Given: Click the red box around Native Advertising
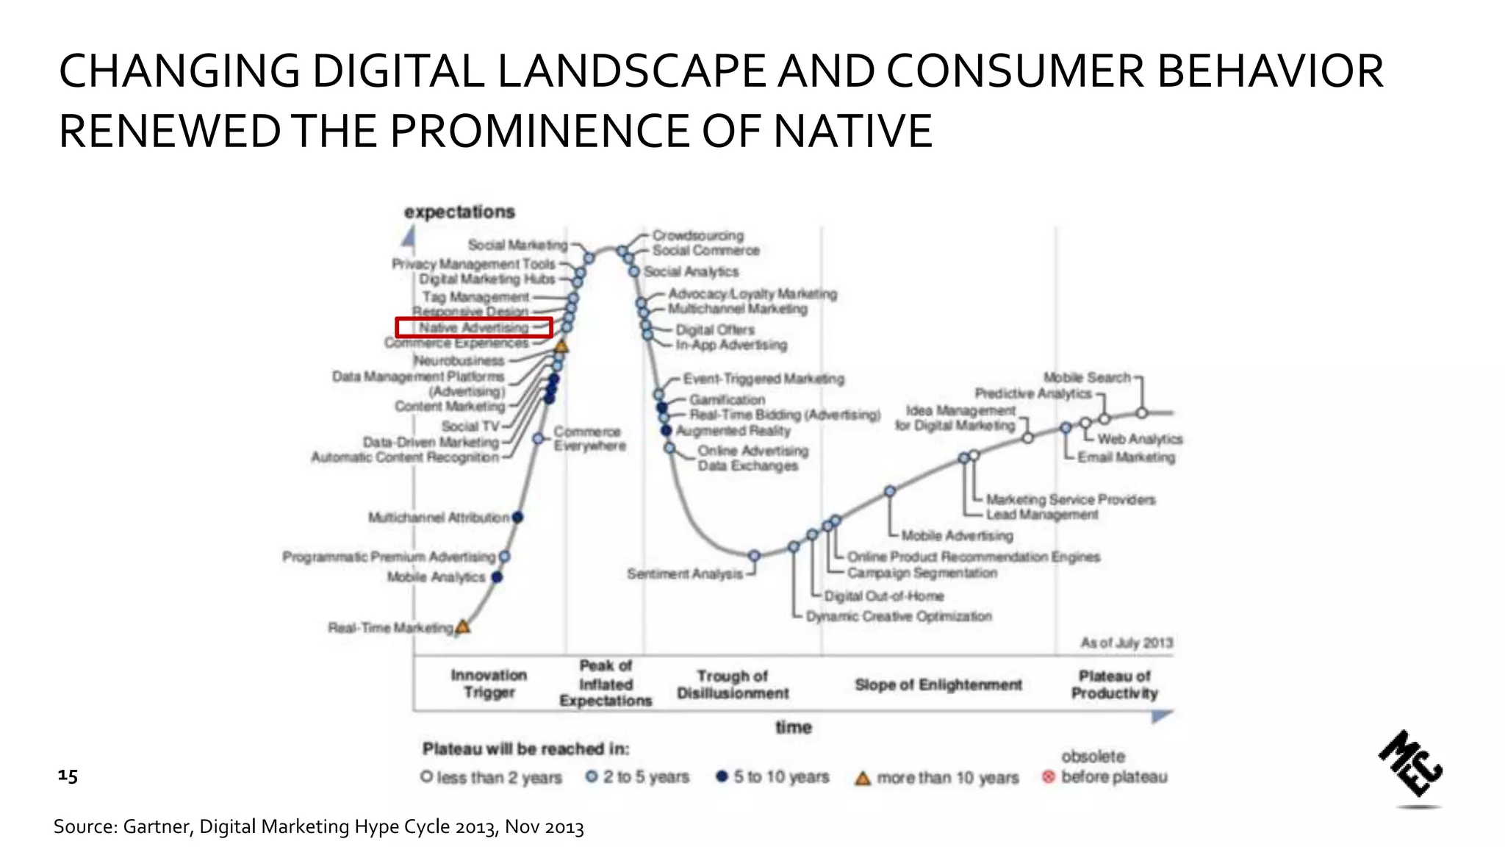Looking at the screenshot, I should tap(473, 327).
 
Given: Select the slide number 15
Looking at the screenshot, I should tap(68, 776).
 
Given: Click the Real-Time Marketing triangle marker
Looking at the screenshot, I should tap(463, 627).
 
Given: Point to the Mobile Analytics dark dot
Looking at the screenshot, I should tap(497, 577).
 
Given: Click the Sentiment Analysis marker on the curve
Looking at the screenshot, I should tap(754, 556).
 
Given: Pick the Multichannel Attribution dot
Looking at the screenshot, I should tap(517, 518).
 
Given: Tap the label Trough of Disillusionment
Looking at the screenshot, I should tap(733, 685).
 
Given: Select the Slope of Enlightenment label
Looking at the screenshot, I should tap(938, 685).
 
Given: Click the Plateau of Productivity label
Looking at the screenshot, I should tap(1114, 685).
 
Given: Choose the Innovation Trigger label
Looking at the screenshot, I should tap(489, 684).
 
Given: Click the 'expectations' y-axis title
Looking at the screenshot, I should tap(459, 212).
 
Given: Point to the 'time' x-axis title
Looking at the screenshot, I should tap(794, 727).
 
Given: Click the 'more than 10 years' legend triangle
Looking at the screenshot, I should tap(863, 778).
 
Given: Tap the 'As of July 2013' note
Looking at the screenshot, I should tap(1127, 643).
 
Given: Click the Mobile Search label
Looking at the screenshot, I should tap(1087, 377).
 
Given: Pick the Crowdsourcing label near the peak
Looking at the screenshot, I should tap(698, 235).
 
